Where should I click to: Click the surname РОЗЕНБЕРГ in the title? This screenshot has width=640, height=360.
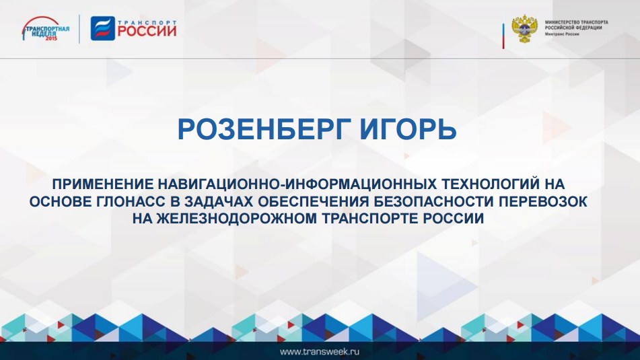click(x=264, y=129)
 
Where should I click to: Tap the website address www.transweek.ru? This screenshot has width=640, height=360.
click(x=320, y=351)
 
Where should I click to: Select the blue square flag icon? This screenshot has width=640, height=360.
click(x=102, y=28)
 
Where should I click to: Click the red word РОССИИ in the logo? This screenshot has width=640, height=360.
click(x=147, y=32)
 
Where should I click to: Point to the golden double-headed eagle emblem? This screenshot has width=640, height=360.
click(x=524, y=28)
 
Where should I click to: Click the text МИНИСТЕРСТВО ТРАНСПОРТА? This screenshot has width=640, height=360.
click(x=576, y=22)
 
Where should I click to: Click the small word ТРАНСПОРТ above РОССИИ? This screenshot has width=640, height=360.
click(x=147, y=22)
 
